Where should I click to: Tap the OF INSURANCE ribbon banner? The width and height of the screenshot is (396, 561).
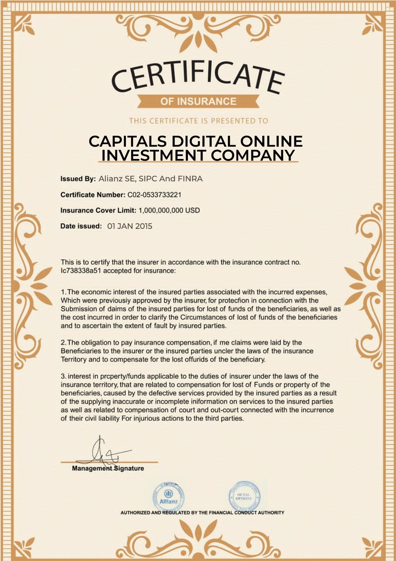point(198,101)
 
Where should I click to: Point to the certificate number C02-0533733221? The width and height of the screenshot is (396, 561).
point(154,194)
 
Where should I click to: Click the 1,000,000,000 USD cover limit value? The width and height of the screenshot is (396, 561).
point(169,210)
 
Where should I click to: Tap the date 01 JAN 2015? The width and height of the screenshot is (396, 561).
point(130,226)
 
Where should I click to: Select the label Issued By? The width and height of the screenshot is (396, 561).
point(78,179)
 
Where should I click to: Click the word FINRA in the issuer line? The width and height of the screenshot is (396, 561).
point(190,179)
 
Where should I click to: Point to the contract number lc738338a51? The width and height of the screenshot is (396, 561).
point(81,271)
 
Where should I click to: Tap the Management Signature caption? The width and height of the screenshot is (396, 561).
point(108,468)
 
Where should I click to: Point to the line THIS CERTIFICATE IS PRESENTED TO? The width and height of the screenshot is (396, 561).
point(198,121)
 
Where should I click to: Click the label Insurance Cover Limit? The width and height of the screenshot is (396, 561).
point(98,210)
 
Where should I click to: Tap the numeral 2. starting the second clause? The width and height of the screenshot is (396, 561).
point(64,343)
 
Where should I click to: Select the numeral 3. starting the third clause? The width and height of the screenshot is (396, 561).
point(64,376)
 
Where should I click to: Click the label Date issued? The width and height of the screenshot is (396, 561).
point(81,226)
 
